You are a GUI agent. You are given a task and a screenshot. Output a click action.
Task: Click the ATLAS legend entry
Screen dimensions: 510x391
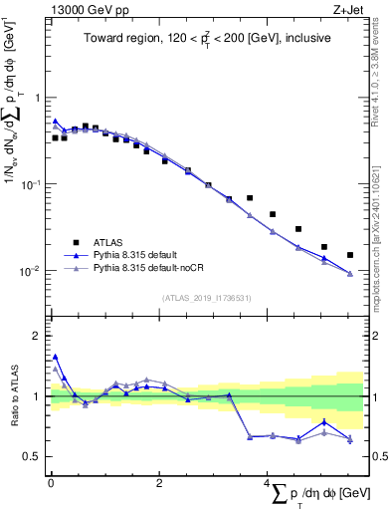[x=108, y=242]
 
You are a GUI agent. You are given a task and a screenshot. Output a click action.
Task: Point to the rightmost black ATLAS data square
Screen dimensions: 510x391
[x=349, y=255]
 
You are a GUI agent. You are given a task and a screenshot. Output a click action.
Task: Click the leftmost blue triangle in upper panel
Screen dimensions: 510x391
[x=56, y=121]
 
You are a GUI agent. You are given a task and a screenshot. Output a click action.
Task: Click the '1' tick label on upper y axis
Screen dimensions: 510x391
[x=38, y=98]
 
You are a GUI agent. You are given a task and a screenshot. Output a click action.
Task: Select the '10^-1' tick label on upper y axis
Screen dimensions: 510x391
[x=32, y=184]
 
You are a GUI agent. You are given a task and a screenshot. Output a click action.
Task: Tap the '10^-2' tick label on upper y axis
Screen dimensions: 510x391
[x=32, y=271]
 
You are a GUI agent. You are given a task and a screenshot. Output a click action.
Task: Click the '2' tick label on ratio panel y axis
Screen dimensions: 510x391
[x=38, y=336]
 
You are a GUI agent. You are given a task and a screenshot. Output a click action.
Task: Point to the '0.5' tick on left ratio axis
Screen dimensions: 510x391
[x=33, y=457]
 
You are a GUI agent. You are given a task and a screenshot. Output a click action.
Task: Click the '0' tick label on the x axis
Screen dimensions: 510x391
[x=51, y=483]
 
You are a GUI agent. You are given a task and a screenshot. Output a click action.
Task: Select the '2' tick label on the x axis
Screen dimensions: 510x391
[x=158, y=483]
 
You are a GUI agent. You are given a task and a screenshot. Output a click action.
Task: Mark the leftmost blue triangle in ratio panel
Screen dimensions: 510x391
[x=56, y=356]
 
